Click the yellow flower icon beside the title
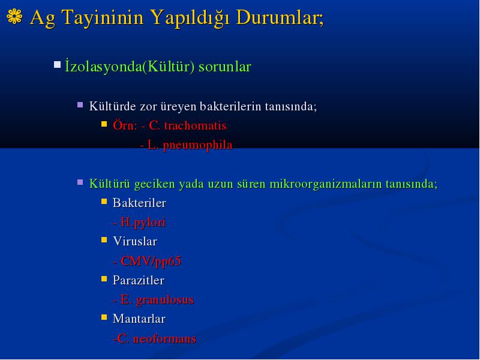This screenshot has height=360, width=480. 14,16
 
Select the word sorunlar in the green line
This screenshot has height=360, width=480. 225,67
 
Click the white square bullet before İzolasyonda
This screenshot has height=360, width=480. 57,65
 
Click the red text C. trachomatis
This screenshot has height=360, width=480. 188,125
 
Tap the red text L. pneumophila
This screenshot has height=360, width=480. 190,145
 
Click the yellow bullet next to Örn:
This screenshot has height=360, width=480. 104,124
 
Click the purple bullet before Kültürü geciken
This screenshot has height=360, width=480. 80,182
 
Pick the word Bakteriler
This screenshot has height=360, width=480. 139,203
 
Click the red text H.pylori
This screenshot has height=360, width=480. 143,223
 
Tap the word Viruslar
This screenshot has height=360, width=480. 135,242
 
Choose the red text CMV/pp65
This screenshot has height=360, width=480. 151,262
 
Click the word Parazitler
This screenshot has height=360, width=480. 139,280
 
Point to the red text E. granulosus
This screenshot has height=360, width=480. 157,300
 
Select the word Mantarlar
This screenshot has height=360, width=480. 139,319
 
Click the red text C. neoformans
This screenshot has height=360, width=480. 157,338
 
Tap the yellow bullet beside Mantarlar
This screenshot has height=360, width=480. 104,317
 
